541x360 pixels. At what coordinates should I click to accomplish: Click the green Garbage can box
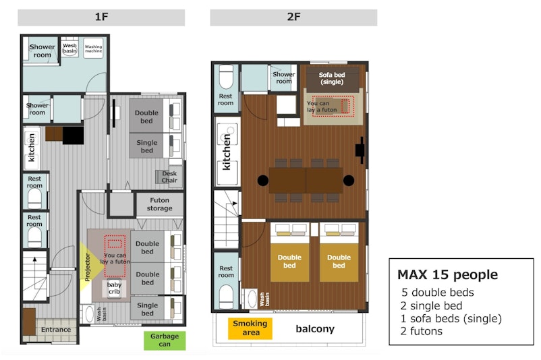tap(165, 340)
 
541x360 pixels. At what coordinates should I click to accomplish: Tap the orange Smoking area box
tap(250, 328)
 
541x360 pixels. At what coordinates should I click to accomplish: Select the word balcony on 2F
tap(315, 329)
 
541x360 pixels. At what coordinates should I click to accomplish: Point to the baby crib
tap(114, 289)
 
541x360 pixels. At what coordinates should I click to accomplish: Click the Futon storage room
tap(159, 204)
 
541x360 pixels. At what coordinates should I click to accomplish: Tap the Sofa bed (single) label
tap(332, 78)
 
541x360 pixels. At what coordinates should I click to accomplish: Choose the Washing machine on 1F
tap(93, 49)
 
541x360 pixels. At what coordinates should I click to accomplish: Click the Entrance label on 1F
tap(56, 330)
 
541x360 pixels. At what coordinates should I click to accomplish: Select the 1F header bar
tap(101, 18)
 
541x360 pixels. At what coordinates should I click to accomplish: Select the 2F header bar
tap(293, 18)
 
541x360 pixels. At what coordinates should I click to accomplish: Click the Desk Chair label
tap(169, 177)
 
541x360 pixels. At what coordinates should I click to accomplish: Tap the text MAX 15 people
tap(447, 275)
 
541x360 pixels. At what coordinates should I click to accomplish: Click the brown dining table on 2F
tap(306, 181)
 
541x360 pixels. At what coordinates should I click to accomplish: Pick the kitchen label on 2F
tap(227, 152)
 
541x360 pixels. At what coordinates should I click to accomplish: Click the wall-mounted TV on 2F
tap(360, 150)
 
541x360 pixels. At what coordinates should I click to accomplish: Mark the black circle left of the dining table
tap(263, 181)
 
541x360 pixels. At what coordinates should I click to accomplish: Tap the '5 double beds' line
tap(438, 293)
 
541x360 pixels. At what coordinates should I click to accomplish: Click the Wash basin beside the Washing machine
tap(69, 49)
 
